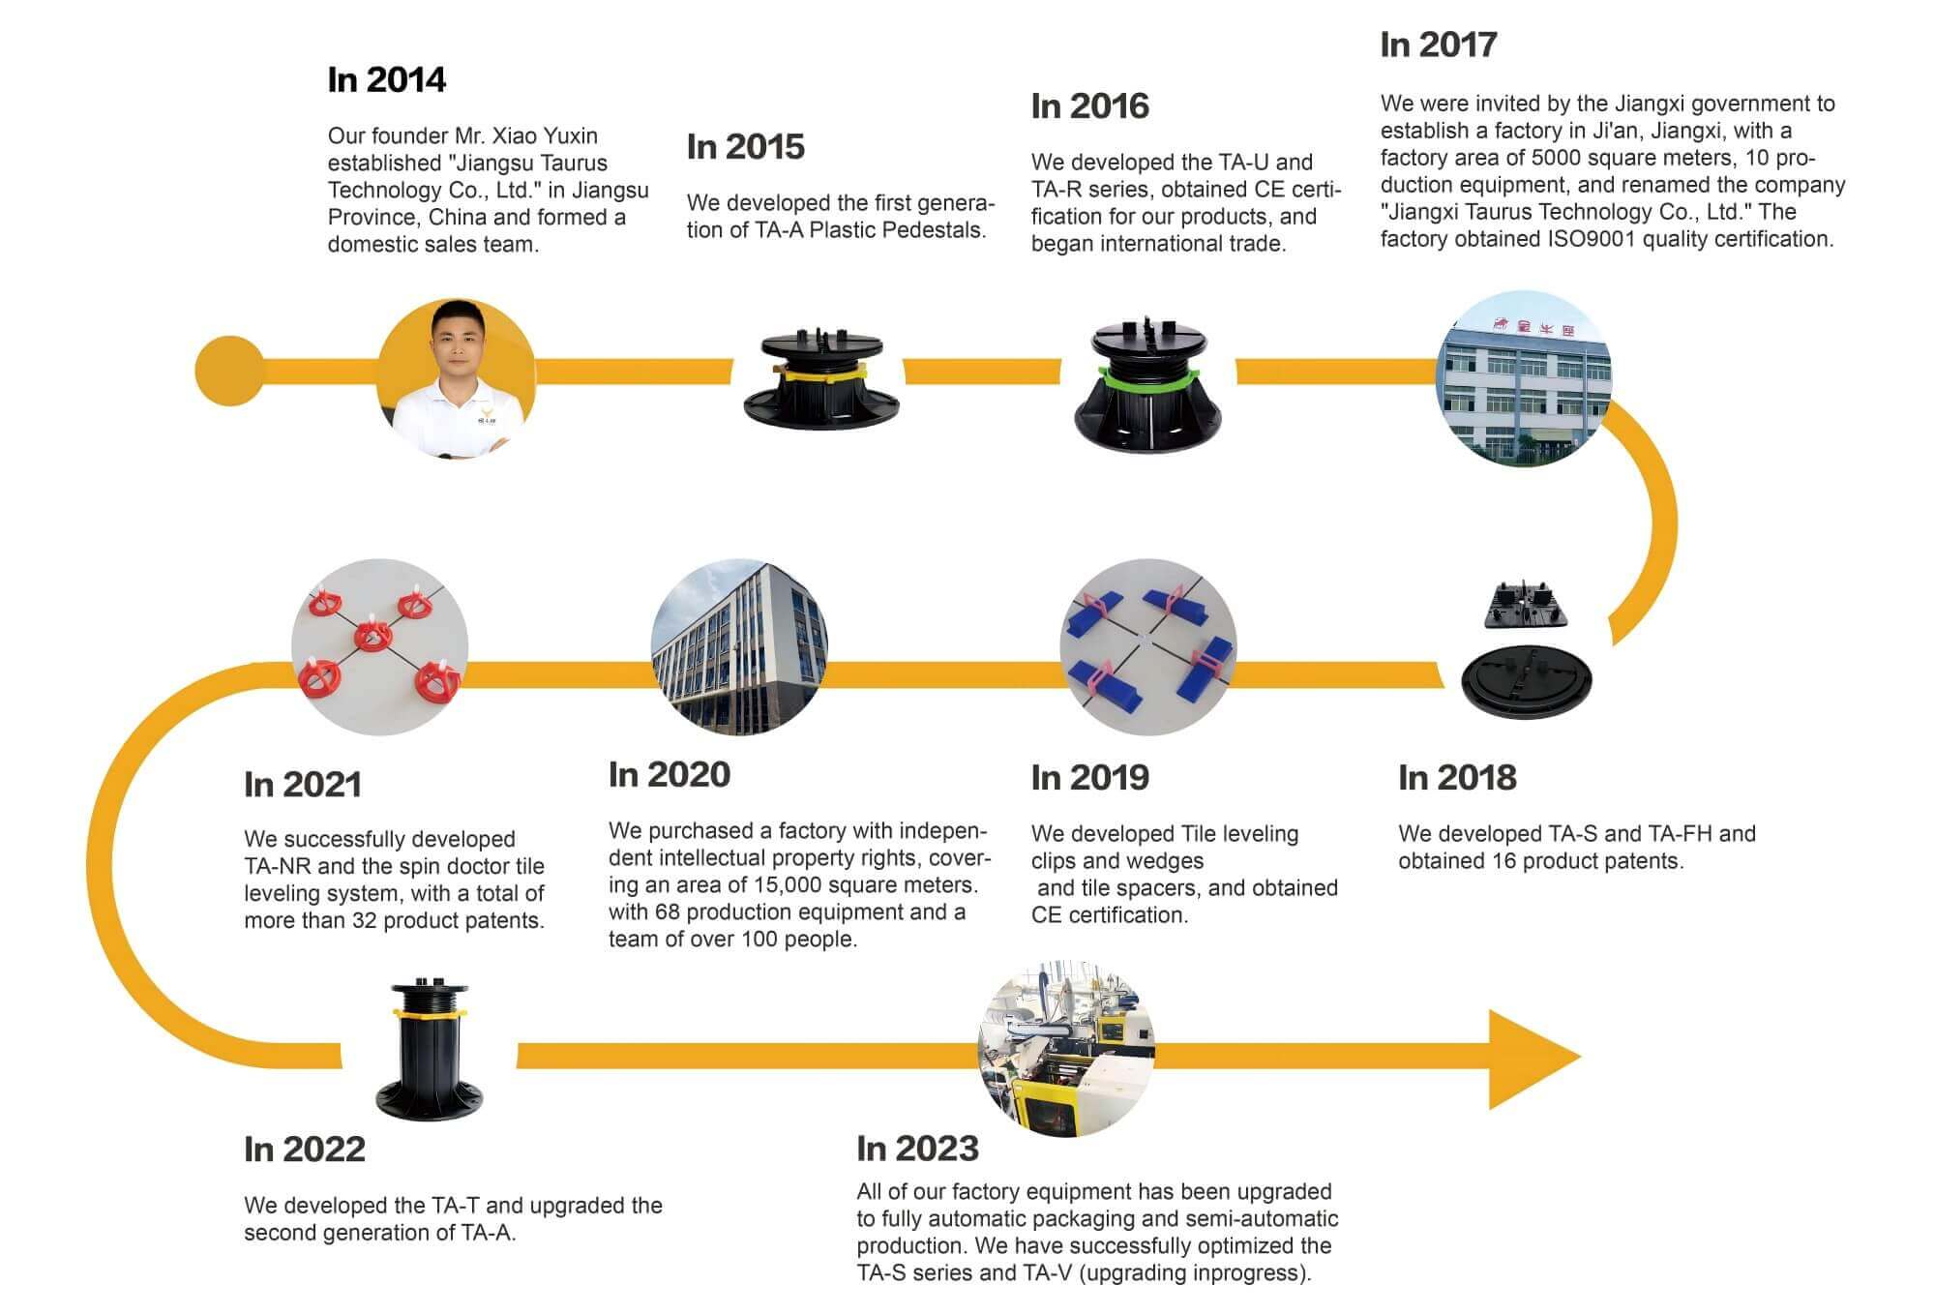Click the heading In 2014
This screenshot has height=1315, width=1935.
[x=386, y=79]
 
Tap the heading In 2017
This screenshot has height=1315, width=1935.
[x=1439, y=45]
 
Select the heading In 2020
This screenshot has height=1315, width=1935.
[x=669, y=774]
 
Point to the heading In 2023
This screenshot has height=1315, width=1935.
[x=917, y=1149]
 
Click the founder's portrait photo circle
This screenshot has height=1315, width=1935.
[x=455, y=377]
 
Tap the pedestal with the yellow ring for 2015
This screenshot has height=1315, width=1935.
[x=821, y=378]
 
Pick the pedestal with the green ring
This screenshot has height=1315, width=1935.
[x=1148, y=383]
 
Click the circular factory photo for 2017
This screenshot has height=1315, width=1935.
[x=1524, y=378]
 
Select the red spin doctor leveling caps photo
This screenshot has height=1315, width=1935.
[x=380, y=647]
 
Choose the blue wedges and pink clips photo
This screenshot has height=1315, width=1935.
[x=1148, y=647]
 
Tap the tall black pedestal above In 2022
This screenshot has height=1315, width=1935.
[x=429, y=1050]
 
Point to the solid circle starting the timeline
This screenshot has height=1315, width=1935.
[x=229, y=371]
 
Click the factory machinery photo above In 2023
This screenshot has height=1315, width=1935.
[x=1066, y=1049]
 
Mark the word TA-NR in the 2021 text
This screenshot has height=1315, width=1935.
[x=276, y=866]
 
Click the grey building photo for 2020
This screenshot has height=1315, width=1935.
[x=740, y=647]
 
